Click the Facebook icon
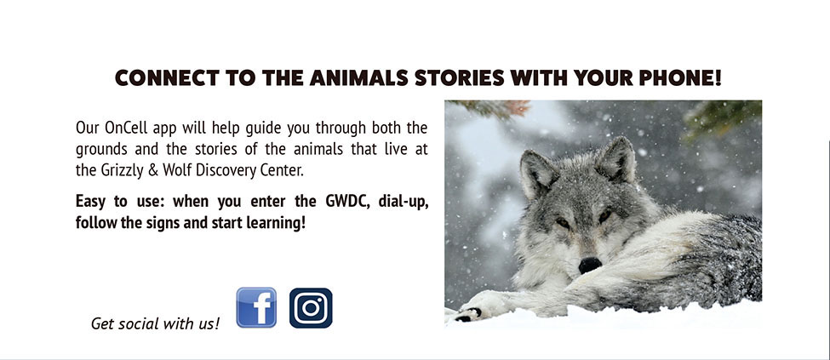[256, 307]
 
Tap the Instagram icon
[311, 308]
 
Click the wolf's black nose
[590, 265]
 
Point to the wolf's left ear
[537, 172]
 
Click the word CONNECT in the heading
[167, 78]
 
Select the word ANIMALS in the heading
[358, 78]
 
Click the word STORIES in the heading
[460, 78]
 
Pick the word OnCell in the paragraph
[125, 129]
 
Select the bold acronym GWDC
[344, 202]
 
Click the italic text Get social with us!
[155, 323]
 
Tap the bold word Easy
[90, 203]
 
